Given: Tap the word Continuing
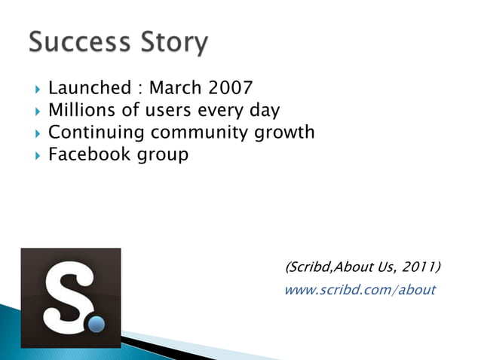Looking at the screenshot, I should click(97, 133).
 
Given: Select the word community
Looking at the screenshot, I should click(198, 133).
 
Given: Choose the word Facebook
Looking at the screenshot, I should click(85, 155).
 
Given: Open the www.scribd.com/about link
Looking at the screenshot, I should click(360, 290).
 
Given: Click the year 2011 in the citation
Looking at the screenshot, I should click(420, 267).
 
